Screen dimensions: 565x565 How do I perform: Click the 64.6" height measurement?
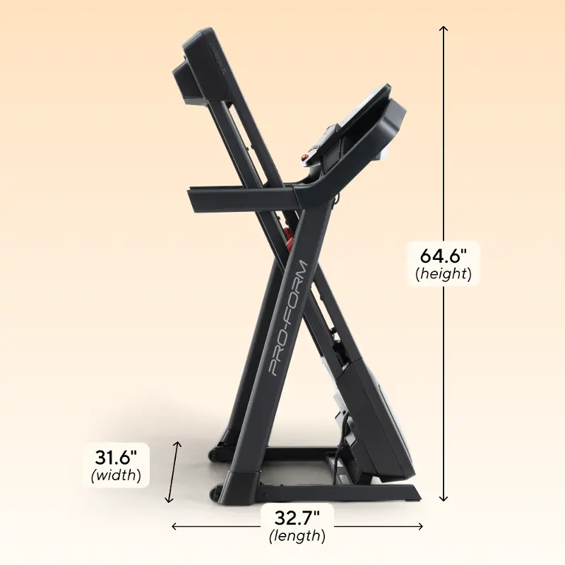point(444,256)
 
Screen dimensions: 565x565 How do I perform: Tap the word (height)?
point(444,274)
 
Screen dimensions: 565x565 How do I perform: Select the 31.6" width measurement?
point(116,458)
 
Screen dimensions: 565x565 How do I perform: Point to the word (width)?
point(116,475)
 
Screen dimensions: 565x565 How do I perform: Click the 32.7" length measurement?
point(297,518)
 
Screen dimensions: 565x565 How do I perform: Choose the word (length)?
point(297,536)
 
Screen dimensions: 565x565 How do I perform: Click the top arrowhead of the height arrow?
point(444,29)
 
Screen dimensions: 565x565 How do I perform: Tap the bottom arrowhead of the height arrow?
point(444,498)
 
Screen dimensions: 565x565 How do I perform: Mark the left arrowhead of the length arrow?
point(175,526)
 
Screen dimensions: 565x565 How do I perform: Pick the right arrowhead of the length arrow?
point(420,526)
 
